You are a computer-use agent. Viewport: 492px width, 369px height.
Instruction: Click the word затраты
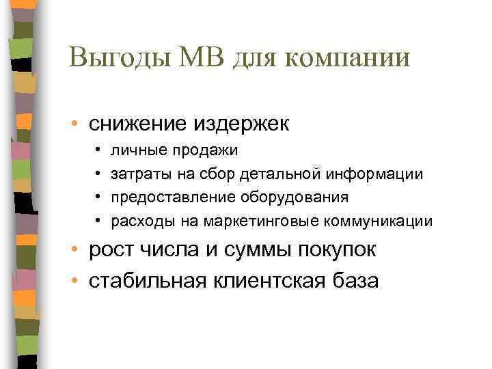[136, 175]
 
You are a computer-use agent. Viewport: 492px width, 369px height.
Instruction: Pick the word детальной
[280, 175]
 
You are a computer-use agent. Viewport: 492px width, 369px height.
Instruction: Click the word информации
[374, 175]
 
